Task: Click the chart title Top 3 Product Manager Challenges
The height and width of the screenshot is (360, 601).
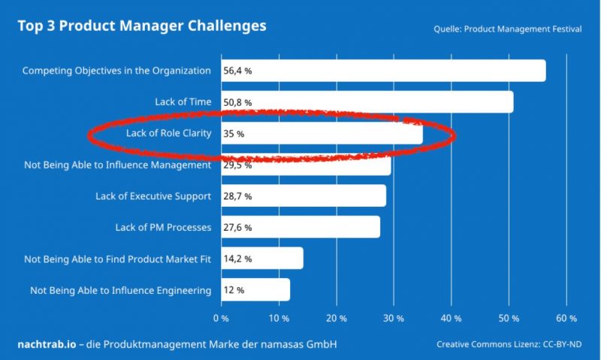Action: tap(142, 26)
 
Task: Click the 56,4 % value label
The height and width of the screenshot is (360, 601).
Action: tap(237, 71)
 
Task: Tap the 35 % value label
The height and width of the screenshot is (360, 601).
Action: tap(234, 134)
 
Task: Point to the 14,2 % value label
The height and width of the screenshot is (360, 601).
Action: tap(237, 259)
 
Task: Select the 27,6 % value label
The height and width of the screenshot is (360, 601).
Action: tap(237, 227)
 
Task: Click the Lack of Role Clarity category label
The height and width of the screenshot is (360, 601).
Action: tap(163, 134)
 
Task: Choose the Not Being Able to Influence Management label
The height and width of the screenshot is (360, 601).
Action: tap(117, 165)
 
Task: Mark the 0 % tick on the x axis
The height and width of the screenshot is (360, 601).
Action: tap(221, 318)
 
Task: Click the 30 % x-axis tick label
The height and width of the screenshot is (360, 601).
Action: tap(394, 318)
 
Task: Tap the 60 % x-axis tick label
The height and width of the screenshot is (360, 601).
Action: tap(566, 318)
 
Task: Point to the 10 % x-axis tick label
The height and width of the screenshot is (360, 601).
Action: tap(279, 318)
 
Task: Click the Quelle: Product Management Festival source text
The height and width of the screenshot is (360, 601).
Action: tap(507, 30)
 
